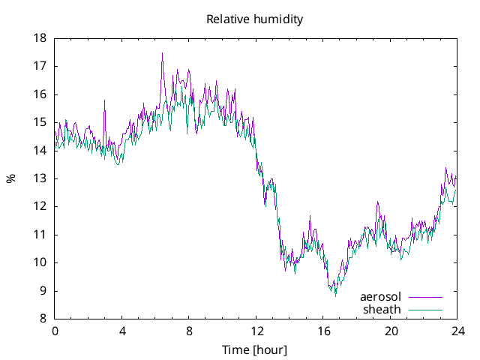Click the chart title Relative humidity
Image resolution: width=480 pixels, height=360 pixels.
(x=254, y=19)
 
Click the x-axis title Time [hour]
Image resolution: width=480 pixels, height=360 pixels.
(x=254, y=349)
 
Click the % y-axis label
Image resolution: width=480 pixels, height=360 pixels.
(x=10, y=178)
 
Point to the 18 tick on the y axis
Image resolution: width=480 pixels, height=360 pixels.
(x=40, y=38)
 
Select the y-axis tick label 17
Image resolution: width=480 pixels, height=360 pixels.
(x=40, y=66)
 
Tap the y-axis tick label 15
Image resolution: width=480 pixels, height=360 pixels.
(x=40, y=122)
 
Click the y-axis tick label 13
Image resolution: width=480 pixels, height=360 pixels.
(x=40, y=178)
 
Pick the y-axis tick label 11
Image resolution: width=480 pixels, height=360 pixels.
(x=40, y=234)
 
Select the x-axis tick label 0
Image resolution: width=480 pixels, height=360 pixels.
(x=55, y=331)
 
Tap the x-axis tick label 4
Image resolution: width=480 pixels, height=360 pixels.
(x=122, y=331)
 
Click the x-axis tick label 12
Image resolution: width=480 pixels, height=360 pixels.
(x=256, y=331)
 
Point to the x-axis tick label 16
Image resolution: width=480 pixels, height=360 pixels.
(x=324, y=331)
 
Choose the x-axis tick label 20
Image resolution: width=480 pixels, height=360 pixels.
(x=391, y=331)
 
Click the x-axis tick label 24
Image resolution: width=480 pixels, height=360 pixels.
(x=458, y=331)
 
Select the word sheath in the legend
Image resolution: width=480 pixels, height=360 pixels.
(x=382, y=308)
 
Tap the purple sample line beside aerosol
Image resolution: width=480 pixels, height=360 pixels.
(x=425, y=297)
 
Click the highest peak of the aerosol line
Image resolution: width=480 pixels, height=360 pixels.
(x=162, y=53)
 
